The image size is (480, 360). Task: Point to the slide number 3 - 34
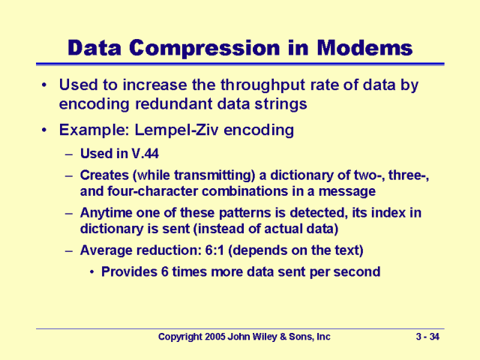pos(428,337)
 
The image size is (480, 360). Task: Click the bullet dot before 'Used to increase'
pos(46,85)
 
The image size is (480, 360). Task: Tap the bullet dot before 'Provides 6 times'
pos(92,271)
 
